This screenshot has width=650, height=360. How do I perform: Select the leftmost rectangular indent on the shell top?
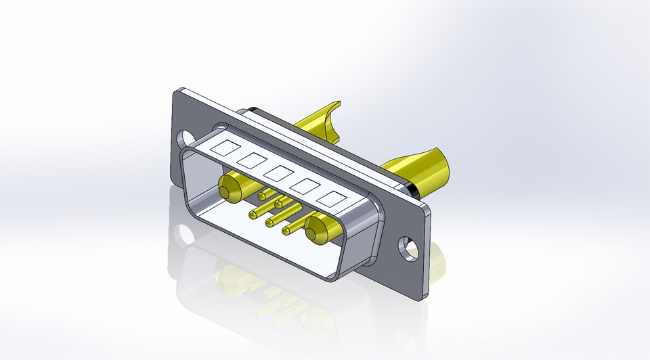tap(224, 146)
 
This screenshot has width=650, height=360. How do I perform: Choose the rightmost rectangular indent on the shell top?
tap(333, 199)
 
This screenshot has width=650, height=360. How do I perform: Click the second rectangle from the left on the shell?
tap(251, 160)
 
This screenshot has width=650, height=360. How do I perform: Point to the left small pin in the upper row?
tap(261, 196)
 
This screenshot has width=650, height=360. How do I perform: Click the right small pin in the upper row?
tap(278, 204)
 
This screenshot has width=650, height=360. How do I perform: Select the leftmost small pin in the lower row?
tap(253, 215)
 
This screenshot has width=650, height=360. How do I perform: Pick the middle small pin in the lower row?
tap(269, 223)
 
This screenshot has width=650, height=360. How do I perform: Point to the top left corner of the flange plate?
tap(177, 91)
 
